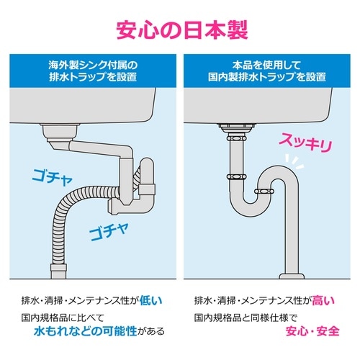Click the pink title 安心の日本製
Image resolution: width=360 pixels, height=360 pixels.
(x=182, y=30)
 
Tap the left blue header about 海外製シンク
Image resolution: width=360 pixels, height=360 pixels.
(x=93, y=71)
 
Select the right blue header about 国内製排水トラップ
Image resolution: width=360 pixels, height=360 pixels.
(x=266, y=71)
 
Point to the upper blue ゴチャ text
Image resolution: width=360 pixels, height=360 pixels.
(x=52, y=177)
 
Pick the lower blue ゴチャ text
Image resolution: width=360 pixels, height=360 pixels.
(x=109, y=231)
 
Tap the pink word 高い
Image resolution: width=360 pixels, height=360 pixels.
(x=323, y=300)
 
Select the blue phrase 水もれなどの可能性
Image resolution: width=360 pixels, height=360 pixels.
(x=85, y=331)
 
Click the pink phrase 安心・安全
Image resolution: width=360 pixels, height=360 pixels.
(x=312, y=331)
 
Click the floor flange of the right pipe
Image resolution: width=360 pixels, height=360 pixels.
(x=292, y=276)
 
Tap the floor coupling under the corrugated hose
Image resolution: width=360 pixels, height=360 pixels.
(x=58, y=271)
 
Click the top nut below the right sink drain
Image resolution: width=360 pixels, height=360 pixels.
(x=236, y=138)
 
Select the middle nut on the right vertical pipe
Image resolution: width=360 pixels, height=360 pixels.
(x=236, y=177)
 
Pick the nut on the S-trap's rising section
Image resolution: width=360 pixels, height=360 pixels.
(x=264, y=192)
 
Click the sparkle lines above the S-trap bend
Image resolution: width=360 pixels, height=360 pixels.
(x=294, y=161)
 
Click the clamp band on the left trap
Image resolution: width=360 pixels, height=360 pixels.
(x=146, y=189)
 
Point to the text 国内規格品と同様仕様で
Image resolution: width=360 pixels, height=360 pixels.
(x=246, y=318)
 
